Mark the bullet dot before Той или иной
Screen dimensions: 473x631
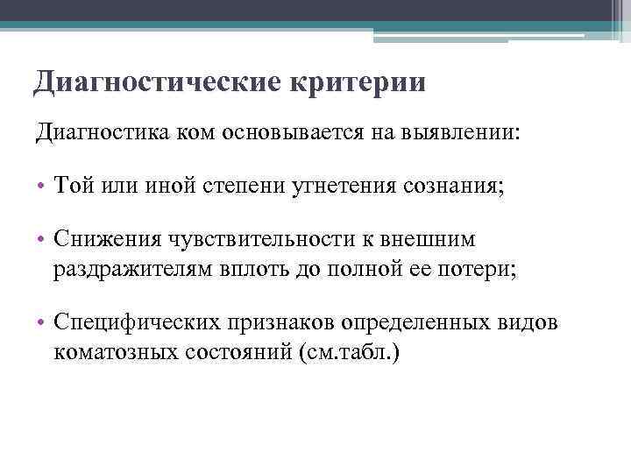coord(42,187)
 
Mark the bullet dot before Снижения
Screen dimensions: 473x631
coord(42,240)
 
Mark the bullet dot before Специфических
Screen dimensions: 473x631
coord(42,324)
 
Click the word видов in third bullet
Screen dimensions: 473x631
coord(529,323)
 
